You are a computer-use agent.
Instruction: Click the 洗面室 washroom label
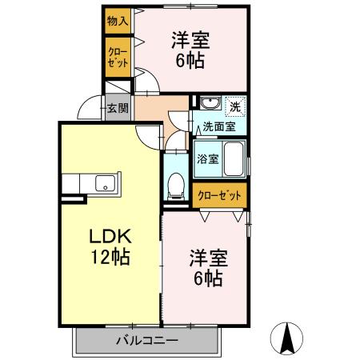coord(217,126)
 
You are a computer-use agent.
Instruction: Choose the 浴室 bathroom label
coord(207,158)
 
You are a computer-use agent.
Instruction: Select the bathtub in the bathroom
coord(234,158)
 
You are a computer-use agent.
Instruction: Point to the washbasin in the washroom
coord(209,106)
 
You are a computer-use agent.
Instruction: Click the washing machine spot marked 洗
coord(235,106)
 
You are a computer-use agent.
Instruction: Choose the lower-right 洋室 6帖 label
coord(208,269)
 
